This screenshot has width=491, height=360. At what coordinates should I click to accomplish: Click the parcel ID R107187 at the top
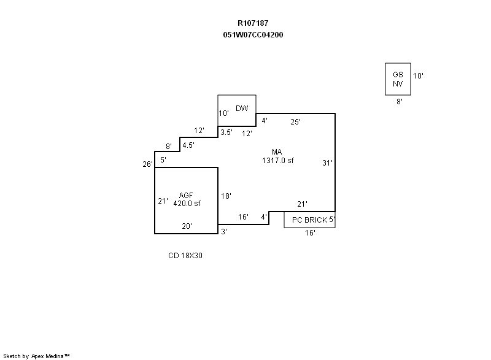pos(253,23)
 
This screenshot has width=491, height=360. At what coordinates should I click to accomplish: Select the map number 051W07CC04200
pos(253,35)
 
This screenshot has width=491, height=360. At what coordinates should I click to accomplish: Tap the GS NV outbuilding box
pos(398,79)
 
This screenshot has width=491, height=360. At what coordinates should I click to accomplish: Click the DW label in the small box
pos(242,109)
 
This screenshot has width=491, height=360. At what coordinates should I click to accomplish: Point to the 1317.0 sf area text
pos(277,161)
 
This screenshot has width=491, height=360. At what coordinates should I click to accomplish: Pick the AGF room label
pos(187,195)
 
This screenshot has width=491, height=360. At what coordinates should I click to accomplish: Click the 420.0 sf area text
pos(187,203)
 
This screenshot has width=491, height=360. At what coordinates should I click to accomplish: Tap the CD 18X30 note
pos(185,256)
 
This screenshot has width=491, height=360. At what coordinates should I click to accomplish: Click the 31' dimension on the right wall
pos(328,163)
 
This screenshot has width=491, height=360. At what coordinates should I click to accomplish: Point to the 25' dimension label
pos(296,122)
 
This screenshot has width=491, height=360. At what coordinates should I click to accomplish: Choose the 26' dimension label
pos(147,164)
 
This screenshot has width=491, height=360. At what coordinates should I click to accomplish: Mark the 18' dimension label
pos(226,196)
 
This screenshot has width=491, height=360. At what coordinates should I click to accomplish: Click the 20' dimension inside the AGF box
pos(187,226)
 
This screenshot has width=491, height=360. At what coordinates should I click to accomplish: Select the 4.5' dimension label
pos(188,146)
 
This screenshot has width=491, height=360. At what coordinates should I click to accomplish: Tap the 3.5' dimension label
pos(226,132)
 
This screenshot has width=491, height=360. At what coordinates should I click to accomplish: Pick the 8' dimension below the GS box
pos(399,102)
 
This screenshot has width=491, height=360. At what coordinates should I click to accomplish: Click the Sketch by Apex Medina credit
pos(37,356)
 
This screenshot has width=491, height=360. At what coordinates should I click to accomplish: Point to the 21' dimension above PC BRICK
pos(302,204)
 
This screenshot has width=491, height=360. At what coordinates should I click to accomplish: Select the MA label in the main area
pos(277,152)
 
